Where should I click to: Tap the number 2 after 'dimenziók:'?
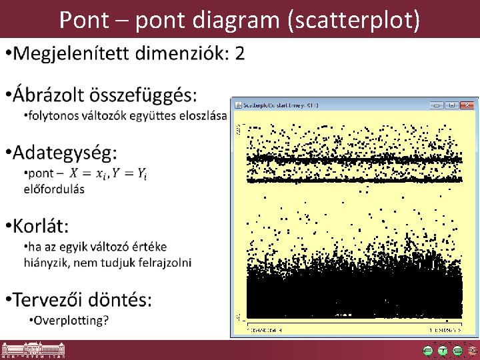239,53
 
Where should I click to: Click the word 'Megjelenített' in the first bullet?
74,53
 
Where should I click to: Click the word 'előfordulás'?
54,188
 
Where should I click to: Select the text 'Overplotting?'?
72,320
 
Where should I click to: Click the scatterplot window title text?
281,105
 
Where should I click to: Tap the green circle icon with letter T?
443,350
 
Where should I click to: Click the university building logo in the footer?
27,350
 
